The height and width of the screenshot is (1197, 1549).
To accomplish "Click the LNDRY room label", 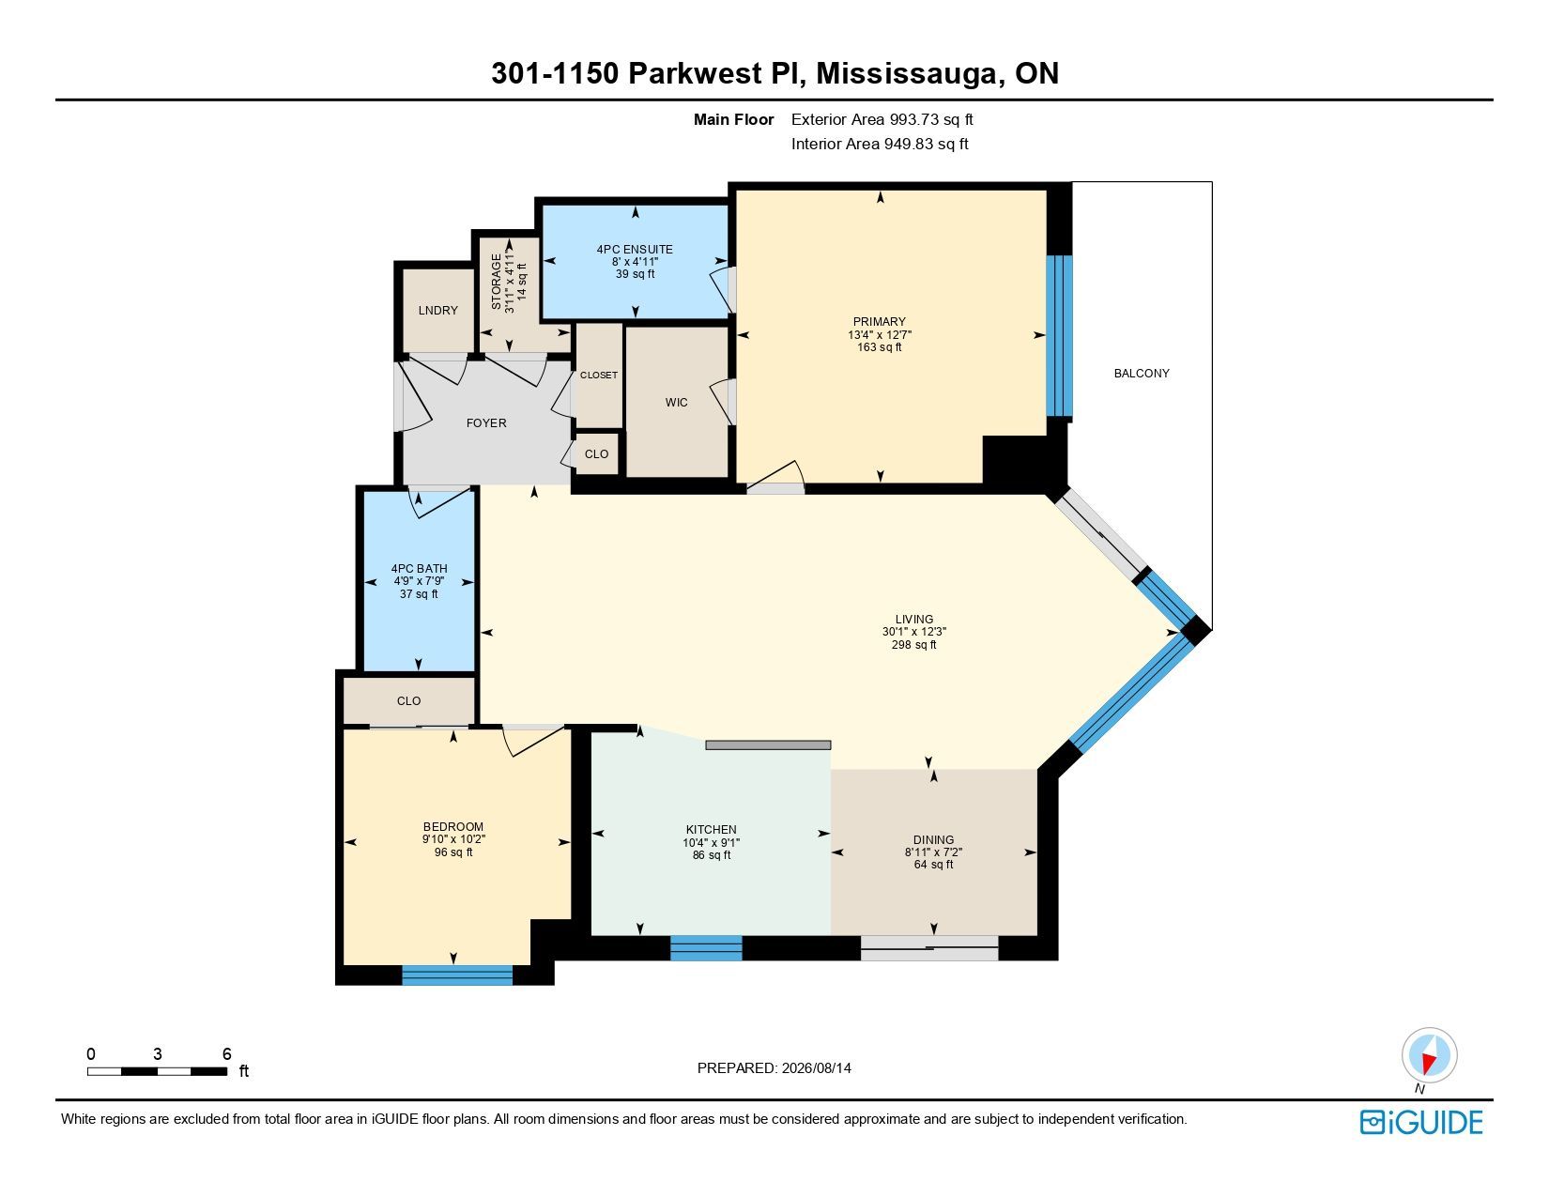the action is click(437, 310).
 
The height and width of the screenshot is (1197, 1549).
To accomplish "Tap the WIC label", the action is click(676, 402).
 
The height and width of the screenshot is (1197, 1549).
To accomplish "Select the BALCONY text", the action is click(1142, 373).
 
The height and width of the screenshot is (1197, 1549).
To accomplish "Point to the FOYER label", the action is click(486, 422).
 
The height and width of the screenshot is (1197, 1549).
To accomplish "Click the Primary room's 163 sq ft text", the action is click(879, 347).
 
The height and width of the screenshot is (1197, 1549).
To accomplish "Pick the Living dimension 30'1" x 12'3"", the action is click(913, 632).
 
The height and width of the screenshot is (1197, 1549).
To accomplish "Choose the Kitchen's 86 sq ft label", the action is click(712, 854).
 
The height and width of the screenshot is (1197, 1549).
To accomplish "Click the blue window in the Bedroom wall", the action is click(457, 974).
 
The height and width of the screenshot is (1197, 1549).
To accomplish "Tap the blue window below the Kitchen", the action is click(706, 947).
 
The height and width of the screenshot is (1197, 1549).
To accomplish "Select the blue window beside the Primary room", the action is click(1059, 336).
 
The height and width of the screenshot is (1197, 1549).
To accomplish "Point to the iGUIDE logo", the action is click(1420, 1122).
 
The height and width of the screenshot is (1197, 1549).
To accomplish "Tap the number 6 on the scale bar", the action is click(226, 1053).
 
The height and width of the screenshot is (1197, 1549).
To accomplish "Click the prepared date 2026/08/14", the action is click(816, 1068).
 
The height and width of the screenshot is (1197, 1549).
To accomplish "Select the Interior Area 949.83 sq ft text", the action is click(880, 144).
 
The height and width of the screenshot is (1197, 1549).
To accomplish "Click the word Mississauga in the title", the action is click(906, 73).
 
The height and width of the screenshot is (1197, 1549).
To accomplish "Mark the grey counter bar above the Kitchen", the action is click(768, 745).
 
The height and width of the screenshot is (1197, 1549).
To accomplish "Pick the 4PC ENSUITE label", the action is click(635, 250).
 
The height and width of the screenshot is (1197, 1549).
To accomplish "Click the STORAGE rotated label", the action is click(496, 282).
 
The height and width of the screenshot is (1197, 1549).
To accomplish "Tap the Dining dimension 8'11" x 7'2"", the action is click(933, 852).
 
